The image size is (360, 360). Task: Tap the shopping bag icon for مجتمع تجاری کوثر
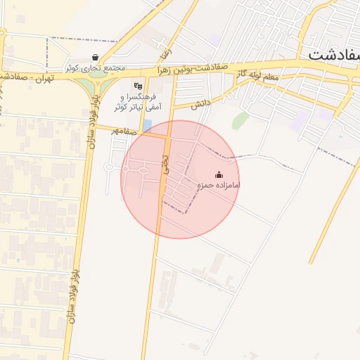tap(95, 58)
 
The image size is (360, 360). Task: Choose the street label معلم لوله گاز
tap(259, 75)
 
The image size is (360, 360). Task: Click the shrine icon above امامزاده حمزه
tap(219, 174)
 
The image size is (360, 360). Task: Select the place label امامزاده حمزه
tap(219, 185)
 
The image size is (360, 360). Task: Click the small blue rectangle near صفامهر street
tap(147, 125)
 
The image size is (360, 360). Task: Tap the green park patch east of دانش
tap(240, 120)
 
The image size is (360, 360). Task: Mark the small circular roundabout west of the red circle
tap(110, 167)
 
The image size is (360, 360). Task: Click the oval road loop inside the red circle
tap(143, 171)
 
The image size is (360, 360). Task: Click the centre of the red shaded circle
tap(180, 179)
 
